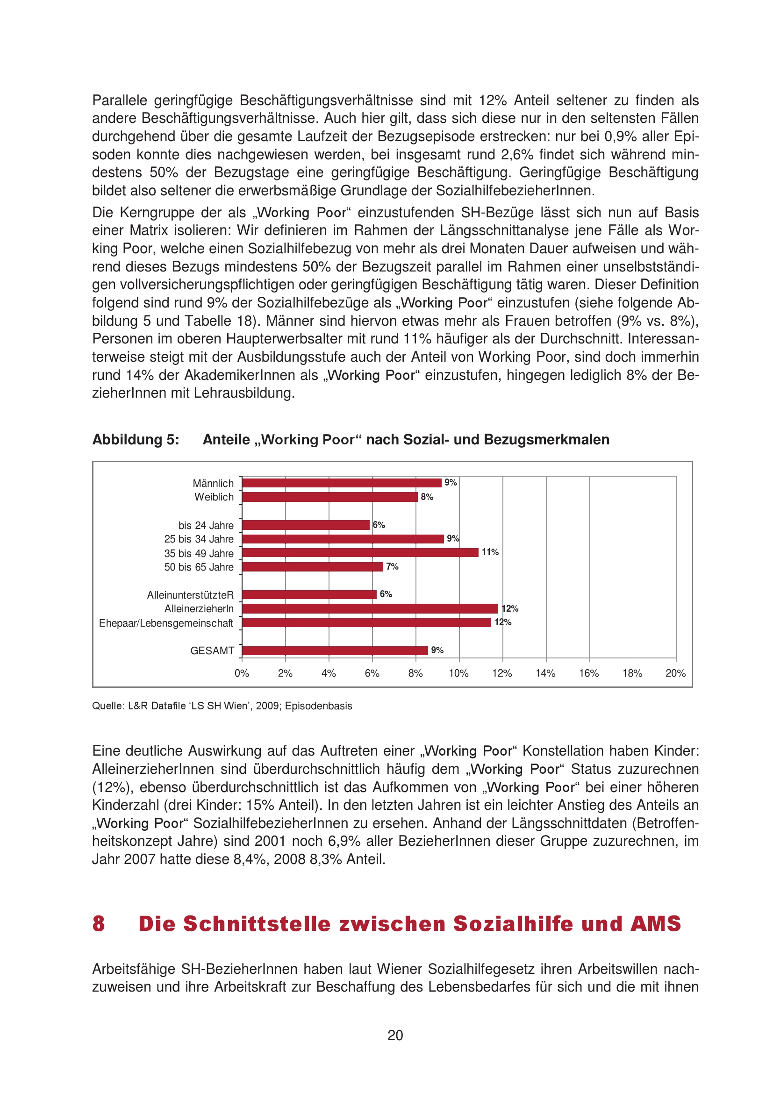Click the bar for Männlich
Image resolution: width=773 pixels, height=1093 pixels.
click(x=341, y=483)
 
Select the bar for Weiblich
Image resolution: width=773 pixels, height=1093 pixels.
click(x=329, y=497)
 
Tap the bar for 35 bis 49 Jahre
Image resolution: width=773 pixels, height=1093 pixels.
click(x=360, y=553)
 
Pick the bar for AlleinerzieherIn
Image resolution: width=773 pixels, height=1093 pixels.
click(x=370, y=608)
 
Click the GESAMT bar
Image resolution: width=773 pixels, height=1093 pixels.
click(x=335, y=650)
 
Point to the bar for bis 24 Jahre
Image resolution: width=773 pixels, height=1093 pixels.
click(x=306, y=525)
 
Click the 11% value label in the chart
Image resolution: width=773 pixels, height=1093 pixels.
click(x=490, y=552)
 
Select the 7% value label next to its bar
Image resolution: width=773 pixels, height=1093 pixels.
click(x=392, y=566)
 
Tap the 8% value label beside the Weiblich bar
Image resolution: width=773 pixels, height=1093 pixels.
click(x=427, y=497)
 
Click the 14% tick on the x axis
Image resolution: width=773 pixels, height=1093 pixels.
click(x=545, y=673)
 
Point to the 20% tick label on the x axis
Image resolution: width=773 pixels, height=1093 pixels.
click(x=675, y=673)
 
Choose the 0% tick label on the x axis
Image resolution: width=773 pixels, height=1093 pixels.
click(x=242, y=673)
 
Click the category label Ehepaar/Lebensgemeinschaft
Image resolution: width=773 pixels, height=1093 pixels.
click(x=166, y=623)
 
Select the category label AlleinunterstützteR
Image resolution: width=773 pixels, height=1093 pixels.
click(x=190, y=595)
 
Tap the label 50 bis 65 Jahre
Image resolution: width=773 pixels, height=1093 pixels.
click(x=199, y=567)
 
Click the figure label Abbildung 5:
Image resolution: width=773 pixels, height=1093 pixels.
click(x=136, y=439)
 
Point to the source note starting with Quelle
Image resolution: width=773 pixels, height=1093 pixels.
click(x=222, y=706)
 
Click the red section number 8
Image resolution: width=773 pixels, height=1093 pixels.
click(x=99, y=924)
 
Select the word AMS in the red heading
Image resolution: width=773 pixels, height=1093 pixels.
click(x=656, y=924)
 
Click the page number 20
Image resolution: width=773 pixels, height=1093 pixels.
click(x=395, y=1036)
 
